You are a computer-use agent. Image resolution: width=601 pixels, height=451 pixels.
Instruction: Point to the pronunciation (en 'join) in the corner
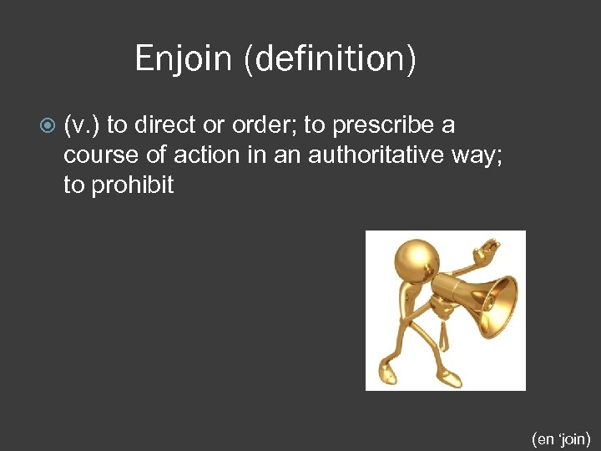pyautogui.click(x=561, y=438)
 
